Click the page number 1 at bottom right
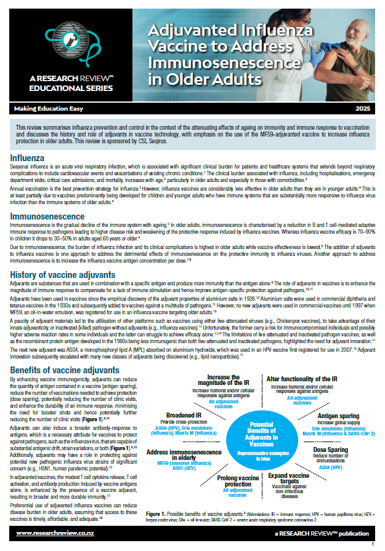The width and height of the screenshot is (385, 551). coord(372,544)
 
